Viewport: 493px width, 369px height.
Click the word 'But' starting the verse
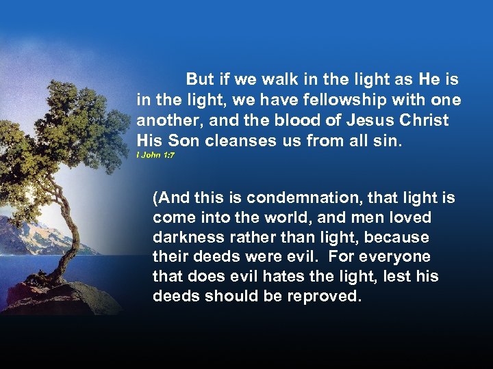click(x=200, y=80)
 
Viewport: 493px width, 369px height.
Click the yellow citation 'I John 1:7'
click(x=155, y=155)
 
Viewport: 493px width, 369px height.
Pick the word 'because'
click(x=405, y=238)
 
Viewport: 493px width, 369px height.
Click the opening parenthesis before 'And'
click(x=156, y=199)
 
